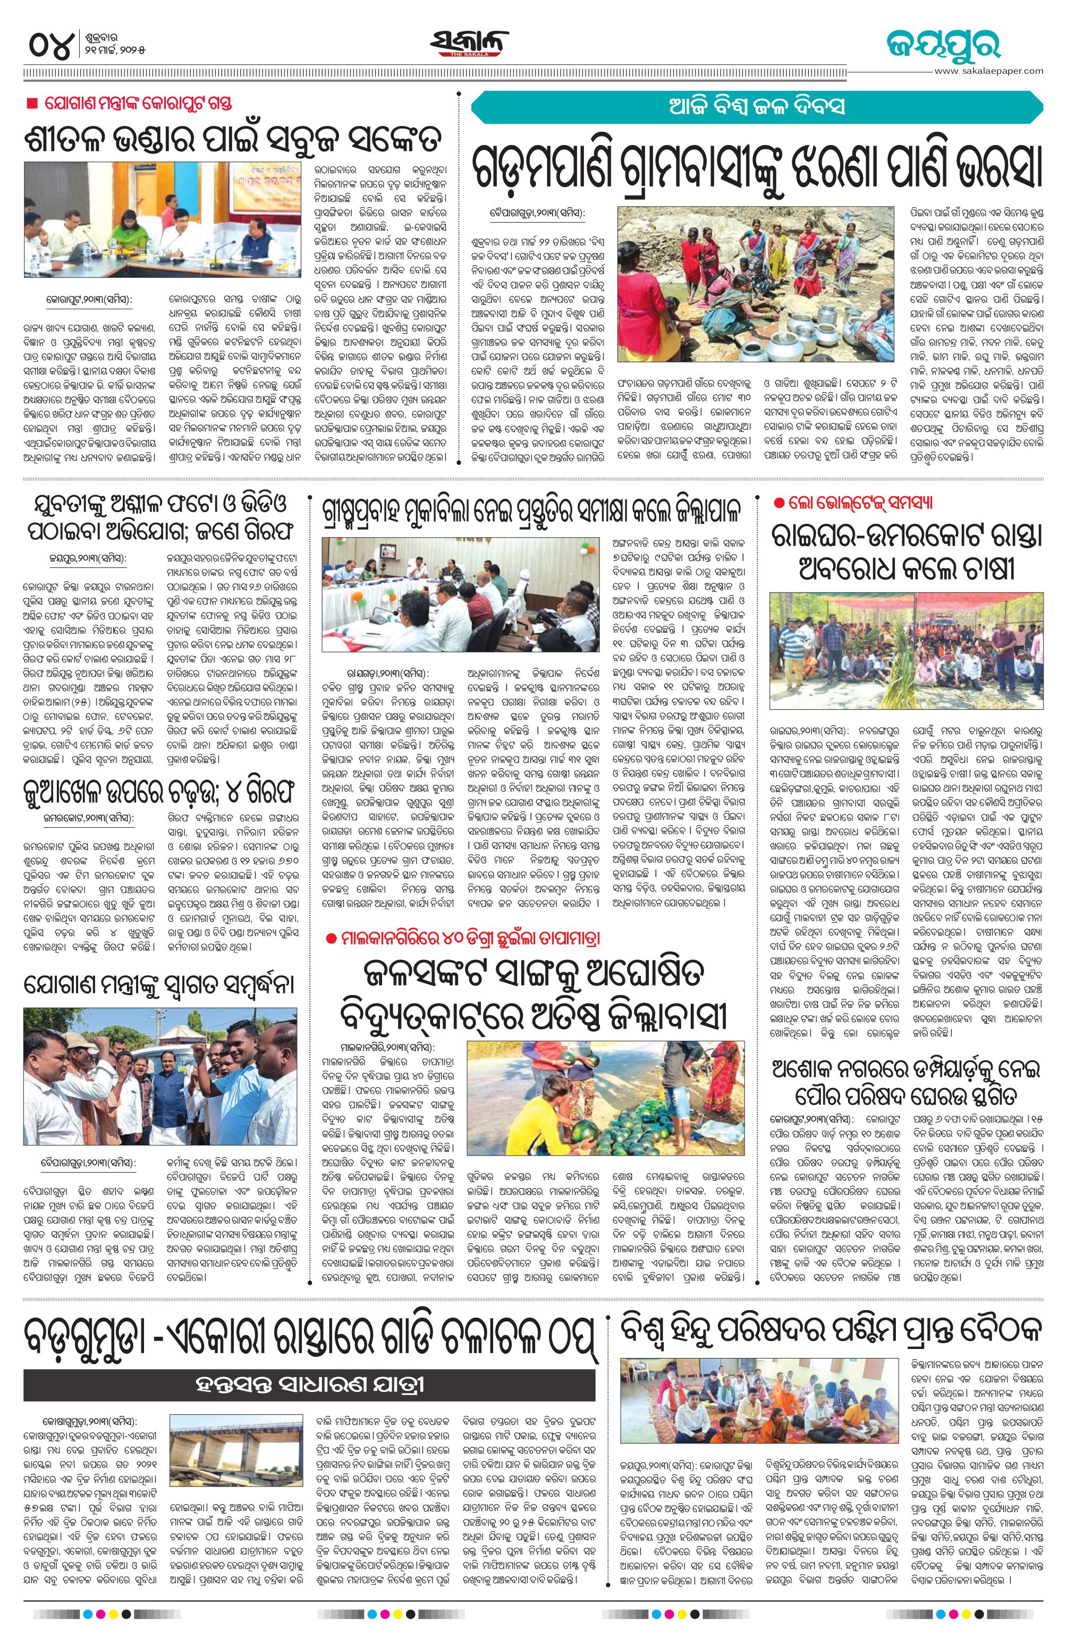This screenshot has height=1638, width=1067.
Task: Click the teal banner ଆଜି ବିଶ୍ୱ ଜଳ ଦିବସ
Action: point(757,107)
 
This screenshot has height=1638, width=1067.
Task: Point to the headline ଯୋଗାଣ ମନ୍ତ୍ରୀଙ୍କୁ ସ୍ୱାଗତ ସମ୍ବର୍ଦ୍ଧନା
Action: point(160,983)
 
